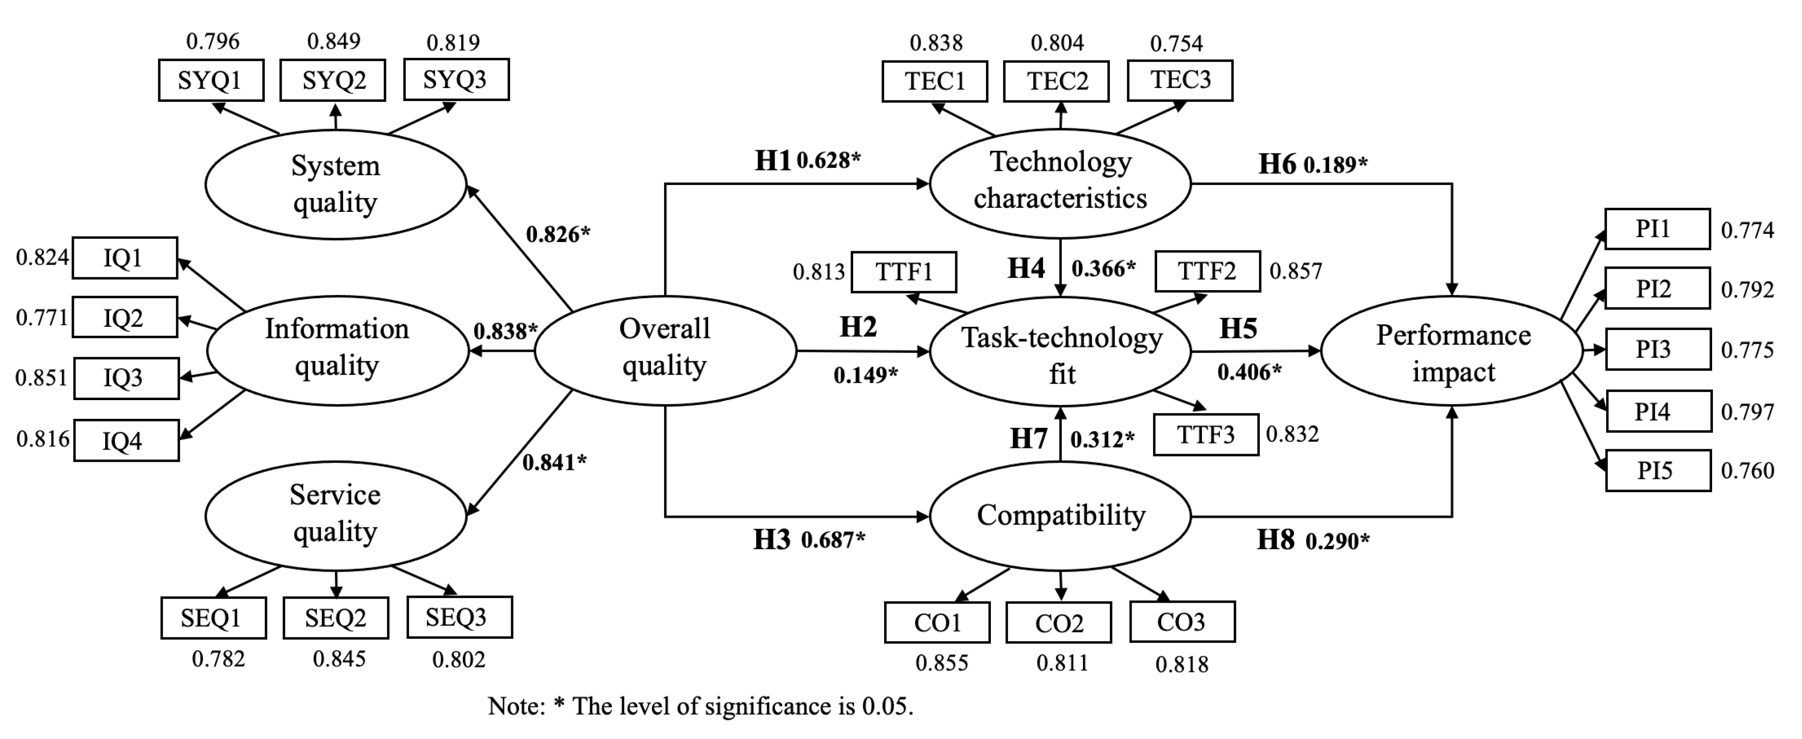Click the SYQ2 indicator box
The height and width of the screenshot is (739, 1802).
333,80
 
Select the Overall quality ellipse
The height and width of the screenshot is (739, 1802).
664,350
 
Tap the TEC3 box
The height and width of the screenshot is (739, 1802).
1180,80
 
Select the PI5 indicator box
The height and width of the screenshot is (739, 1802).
1658,470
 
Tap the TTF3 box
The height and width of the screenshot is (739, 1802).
1206,435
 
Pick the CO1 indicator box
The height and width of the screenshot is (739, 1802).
937,622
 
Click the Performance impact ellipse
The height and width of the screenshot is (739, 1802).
1452,352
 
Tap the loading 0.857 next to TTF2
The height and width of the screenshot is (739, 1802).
1295,271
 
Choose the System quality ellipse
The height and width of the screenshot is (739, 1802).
336,185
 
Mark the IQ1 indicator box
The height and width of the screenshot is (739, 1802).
124,258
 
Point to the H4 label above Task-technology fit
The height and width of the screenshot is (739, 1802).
1025,269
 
